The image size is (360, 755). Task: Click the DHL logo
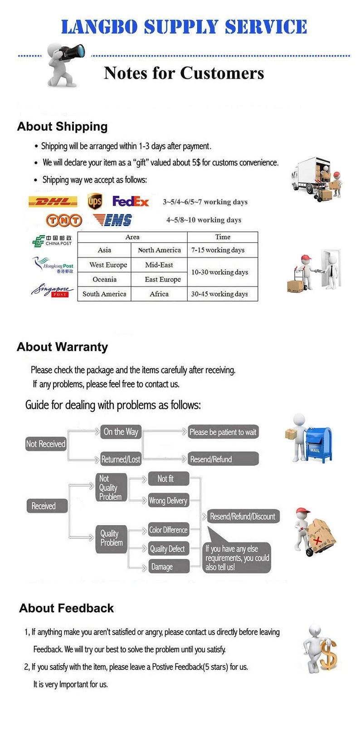pyautogui.click(x=53, y=202)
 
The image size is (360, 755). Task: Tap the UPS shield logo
pyautogui.click(x=95, y=201)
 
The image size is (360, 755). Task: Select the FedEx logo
pyautogui.click(x=131, y=201)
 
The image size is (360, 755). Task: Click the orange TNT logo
pyautogui.click(x=64, y=220)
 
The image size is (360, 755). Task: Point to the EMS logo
pyautogui.click(x=113, y=220)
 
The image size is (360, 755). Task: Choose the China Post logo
pyautogui.click(x=52, y=241)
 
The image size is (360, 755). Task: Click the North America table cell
pyautogui.click(x=159, y=250)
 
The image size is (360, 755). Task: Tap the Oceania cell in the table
pyautogui.click(x=104, y=280)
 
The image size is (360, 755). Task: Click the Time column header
pyautogui.click(x=223, y=237)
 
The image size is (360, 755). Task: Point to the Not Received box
pyautogui.click(x=46, y=444)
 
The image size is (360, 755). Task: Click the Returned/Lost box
pyautogui.click(x=121, y=460)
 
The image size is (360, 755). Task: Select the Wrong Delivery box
pyautogui.click(x=168, y=501)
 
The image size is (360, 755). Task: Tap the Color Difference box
pyautogui.click(x=168, y=530)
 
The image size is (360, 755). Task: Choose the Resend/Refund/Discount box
pyautogui.click(x=243, y=517)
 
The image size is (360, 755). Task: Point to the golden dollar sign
pyautogui.click(x=328, y=655)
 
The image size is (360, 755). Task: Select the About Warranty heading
pyautogui.click(x=63, y=347)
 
